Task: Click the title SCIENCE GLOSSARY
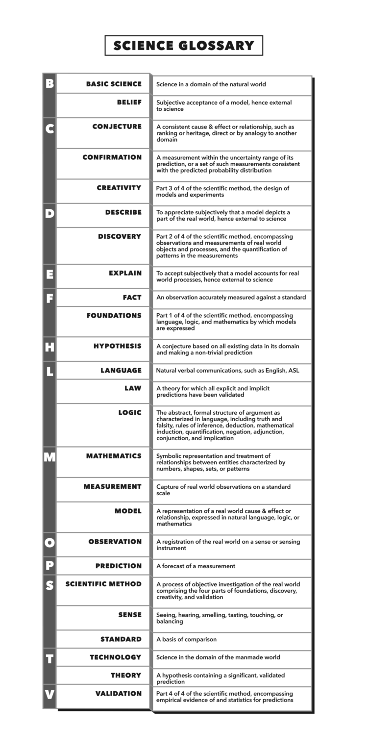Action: pos(184,46)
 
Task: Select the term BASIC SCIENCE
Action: pos(114,84)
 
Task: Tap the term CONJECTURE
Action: pos(117,126)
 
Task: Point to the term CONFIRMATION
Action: pos(112,157)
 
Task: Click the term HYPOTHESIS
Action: pos(117,346)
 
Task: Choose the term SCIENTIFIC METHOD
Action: pos(103,584)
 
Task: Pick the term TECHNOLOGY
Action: pos(115,657)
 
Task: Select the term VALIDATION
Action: pos(118,694)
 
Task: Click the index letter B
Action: pos(49,84)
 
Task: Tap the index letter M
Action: pos(49,457)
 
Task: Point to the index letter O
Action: pos(49,543)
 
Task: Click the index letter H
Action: pos(49,348)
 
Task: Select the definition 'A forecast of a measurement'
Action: pos(196,566)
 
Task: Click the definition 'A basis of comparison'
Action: pos(186,639)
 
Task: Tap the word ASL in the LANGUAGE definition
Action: pos(293,371)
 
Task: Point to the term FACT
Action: pos(132,298)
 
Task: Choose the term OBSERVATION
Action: pos(115,542)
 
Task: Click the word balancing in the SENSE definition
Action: pos(170,622)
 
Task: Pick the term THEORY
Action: pos(125,676)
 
